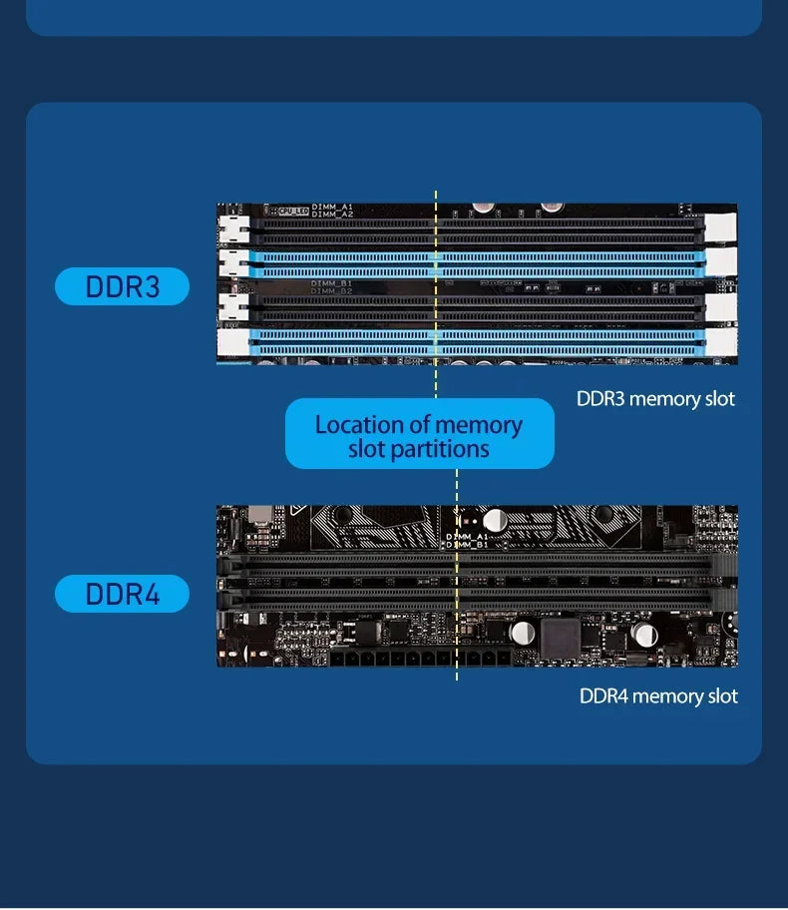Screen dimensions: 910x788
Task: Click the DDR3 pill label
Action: point(122,286)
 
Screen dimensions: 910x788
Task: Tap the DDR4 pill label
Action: point(122,594)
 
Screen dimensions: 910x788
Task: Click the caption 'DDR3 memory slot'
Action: point(655,399)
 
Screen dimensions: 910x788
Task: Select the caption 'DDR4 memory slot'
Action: point(658,695)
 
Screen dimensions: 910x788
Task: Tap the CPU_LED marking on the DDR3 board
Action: point(293,211)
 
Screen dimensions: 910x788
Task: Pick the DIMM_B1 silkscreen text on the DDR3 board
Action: point(330,283)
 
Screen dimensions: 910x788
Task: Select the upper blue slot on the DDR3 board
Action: point(477,263)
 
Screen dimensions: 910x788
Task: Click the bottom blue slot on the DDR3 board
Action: point(477,343)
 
